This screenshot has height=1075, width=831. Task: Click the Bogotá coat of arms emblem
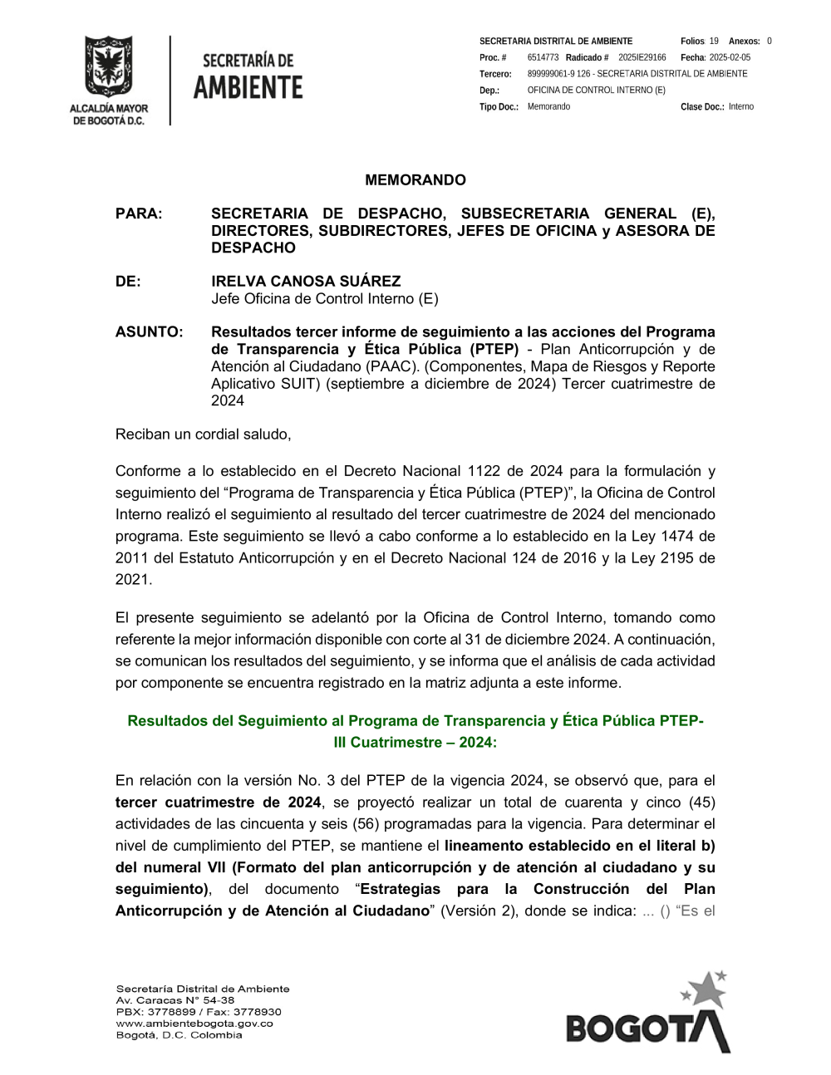coord(108,66)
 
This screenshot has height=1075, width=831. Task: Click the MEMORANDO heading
coord(415,180)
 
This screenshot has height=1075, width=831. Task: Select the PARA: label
coord(139,214)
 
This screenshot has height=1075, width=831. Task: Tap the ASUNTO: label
coord(149,332)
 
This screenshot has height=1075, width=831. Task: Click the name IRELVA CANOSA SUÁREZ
coord(306,282)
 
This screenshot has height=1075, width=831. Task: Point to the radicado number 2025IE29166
coord(642,58)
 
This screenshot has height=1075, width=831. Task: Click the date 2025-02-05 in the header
coord(730,58)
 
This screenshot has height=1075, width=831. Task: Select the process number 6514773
coord(543,58)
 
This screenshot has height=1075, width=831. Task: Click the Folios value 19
coord(714,42)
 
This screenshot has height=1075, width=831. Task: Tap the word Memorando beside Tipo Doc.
coord(548,107)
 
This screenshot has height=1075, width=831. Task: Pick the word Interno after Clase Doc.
coord(741,107)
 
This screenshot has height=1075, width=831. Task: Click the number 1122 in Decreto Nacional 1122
coord(484,472)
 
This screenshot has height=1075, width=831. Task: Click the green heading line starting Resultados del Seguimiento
coord(415,721)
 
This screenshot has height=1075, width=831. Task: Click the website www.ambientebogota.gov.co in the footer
coord(194,1023)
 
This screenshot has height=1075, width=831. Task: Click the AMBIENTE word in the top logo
coord(248,87)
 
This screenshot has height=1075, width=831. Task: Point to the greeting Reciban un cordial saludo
coord(204,434)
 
